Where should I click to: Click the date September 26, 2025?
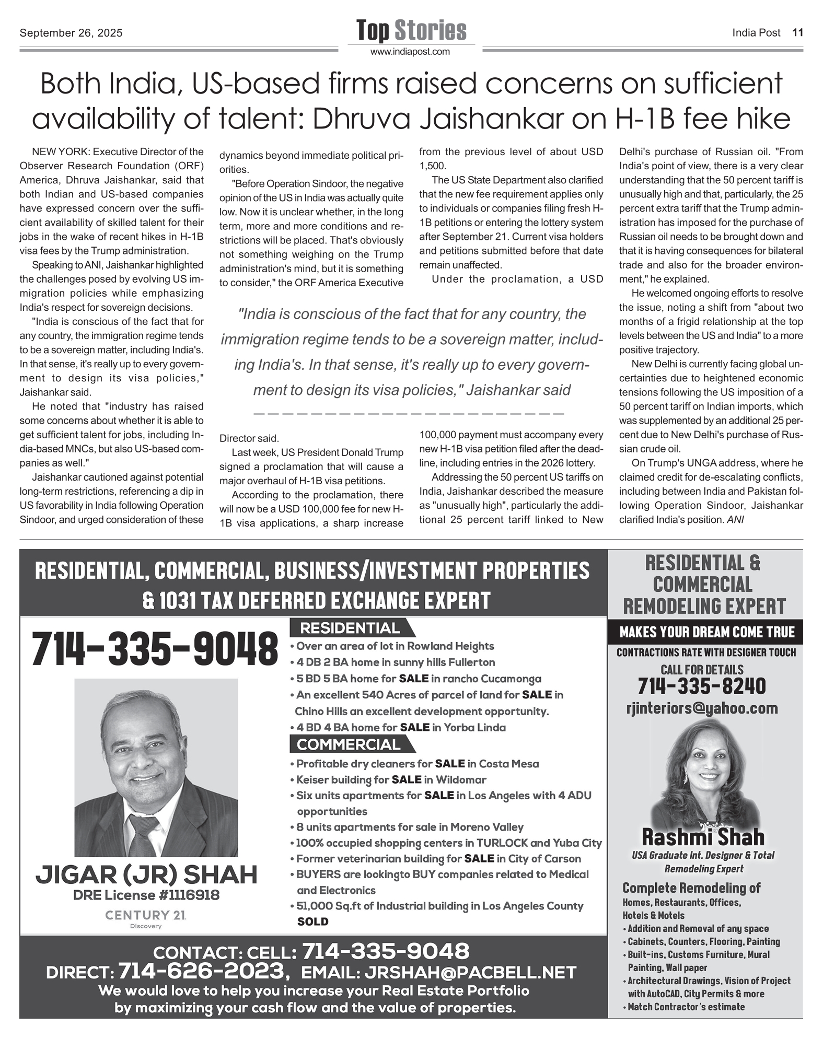coord(71,33)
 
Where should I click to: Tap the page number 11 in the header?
coord(797,32)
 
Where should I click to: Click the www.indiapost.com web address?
coord(410,52)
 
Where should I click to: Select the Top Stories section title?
coord(411,30)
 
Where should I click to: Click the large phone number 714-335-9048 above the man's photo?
coord(155,649)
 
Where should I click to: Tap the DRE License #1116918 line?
coord(146,895)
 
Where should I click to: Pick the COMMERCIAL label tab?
coord(349,744)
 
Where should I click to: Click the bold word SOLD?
coord(312,922)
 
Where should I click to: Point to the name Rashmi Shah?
coord(703,837)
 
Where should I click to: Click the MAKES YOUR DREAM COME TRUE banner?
coord(706,632)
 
